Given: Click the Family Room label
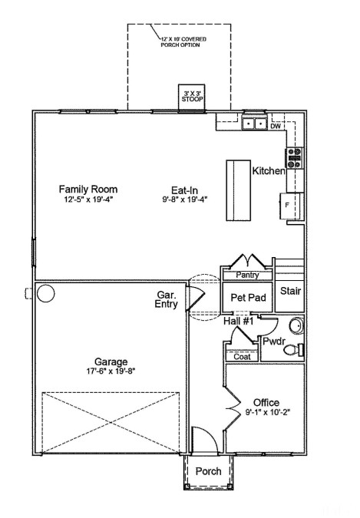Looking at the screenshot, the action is pos(88,190).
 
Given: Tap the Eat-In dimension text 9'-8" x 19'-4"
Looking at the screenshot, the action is pos(185,200).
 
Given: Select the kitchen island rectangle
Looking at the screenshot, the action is pos(239,190).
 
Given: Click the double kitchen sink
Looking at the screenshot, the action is pos(255,124).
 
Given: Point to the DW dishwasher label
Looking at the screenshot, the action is pos(276,127).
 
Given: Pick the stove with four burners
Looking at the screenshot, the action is pos(294,158).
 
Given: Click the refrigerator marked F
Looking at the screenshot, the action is pos(291,206).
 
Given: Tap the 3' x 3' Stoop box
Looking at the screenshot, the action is pos(192,98).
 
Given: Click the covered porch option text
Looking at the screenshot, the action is pos(183,42).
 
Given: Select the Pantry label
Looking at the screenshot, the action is pos(247,275).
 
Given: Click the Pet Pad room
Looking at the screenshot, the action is pos(248,297).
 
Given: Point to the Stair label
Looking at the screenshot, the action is pos(291,291).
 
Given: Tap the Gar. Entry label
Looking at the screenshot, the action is pos(167,299).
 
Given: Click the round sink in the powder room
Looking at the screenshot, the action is pos(296,325).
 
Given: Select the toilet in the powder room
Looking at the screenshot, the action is pos(293,350).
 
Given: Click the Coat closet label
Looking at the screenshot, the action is pos(242,357).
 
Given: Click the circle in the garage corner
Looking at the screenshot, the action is pos(45,293).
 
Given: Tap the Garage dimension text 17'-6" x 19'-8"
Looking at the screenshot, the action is pos(111,371).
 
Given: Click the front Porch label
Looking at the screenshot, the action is pos(208,471).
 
